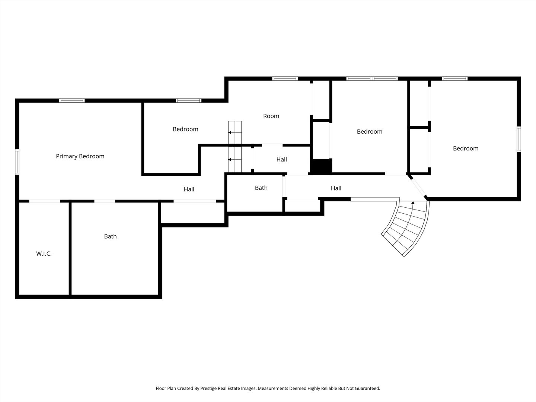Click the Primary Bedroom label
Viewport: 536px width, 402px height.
pos(80,156)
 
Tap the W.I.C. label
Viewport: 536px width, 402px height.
pos(44,253)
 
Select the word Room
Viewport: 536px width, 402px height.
pos(271,116)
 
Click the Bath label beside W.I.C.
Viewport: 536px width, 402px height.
pos(111,236)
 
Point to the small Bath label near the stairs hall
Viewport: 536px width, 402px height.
pos(261,188)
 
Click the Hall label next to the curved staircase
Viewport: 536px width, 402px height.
pos(336,188)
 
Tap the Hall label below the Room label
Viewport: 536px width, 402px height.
pos(281,159)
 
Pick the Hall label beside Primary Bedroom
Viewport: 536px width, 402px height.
pos(189,189)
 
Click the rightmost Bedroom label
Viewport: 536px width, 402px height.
pos(466,149)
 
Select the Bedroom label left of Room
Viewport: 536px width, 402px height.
pos(185,129)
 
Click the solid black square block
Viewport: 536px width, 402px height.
pos(321,166)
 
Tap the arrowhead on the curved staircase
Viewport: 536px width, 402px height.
pos(413,202)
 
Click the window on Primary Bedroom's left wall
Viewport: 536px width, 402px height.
pos(17,162)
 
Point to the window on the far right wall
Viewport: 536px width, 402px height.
pos(519,139)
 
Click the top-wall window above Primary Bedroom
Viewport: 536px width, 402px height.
pos(72,100)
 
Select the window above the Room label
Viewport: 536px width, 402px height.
pos(285,79)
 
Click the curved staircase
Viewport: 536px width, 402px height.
pos(406,229)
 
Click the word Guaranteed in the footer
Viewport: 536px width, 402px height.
pos(367,388)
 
